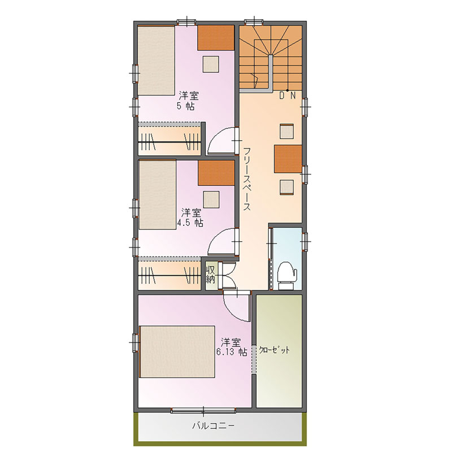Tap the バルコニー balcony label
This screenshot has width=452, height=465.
[x=213, y=426]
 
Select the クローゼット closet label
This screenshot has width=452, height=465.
[x=275, y=350]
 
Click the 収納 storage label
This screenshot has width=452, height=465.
[x=211, y=275]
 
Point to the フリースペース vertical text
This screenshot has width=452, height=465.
[x=247, y=179]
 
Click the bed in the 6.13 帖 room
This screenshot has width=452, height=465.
[x=177, y=351]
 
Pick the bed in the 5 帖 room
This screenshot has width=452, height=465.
[x=156, y=60]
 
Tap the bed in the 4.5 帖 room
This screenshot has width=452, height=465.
[x=158, y=194]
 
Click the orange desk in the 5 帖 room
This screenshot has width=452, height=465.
[x=216, y=38]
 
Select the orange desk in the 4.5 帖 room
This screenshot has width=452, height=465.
[x=216, y=173]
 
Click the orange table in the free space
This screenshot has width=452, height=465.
[x=288, y=159]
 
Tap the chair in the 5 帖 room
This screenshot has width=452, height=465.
[x=211, y=64]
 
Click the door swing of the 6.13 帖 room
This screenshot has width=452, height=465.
[x=237, y=306]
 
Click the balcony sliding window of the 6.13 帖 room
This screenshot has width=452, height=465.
[x=203, y=410]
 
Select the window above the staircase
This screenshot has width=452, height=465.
[x=254, y=21]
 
